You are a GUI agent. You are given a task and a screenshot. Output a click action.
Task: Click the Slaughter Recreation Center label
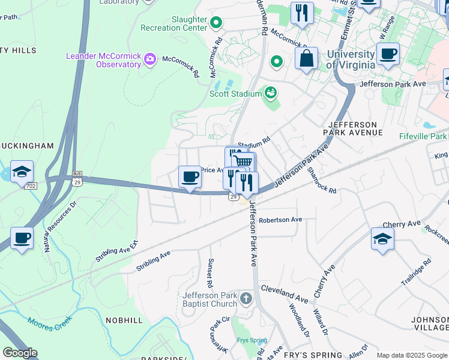173,23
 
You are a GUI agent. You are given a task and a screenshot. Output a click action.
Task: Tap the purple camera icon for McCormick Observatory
149,59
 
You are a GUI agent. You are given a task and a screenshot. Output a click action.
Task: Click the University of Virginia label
351,59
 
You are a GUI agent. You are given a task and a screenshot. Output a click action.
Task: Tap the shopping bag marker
306,59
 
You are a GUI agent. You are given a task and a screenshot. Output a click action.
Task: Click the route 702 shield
31,186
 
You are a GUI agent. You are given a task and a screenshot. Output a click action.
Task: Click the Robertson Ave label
280,220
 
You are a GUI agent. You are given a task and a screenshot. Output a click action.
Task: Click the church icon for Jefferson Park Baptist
245,298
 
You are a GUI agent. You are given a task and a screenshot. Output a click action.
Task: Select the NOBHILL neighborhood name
124,320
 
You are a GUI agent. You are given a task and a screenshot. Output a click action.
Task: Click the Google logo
19,353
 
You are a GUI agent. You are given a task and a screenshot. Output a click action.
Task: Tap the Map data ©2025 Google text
411,355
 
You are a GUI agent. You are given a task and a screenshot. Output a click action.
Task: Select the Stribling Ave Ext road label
116,251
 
